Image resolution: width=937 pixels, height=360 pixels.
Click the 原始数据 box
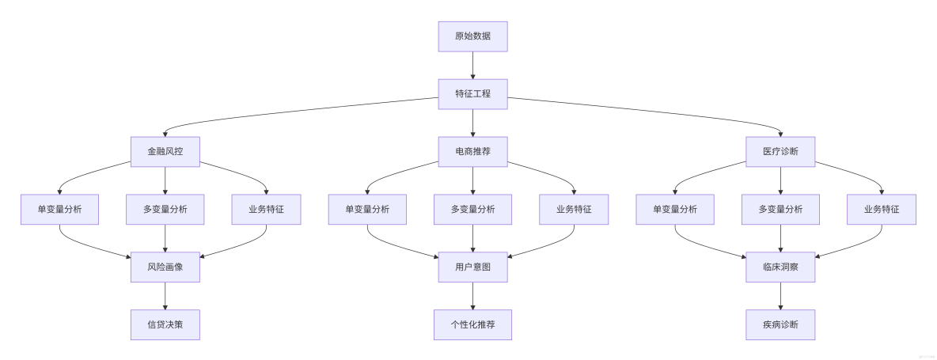coord(472,36)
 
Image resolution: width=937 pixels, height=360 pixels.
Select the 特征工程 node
coord(472,93)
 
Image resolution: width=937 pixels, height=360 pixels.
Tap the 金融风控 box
coord(165,151)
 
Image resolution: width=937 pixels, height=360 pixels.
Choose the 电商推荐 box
coord(472,151)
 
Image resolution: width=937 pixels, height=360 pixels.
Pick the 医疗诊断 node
coord(780,151)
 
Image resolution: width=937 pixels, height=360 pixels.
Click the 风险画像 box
coord(165,267)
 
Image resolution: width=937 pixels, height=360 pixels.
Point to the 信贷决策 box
coord(165,324)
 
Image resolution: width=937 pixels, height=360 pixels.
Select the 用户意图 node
coord(472,267)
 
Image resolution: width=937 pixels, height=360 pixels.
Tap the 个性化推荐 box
coord(472,324)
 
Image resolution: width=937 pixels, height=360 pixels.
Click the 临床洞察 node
coord(780,267)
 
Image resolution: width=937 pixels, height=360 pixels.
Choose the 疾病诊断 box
coord(780,324)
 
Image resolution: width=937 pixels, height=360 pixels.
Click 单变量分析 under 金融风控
coord(59,209)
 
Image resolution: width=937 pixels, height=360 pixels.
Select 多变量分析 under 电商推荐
coord(472,209)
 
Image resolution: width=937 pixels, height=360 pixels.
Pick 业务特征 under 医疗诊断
coord(882,209)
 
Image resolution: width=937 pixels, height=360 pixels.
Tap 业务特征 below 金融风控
coord(266,209)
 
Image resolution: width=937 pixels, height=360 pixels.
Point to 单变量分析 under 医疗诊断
coord(675,209)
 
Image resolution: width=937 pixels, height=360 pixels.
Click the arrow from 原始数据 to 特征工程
coord(472,65)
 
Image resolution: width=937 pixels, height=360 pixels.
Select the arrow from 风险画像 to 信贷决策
coord(165,296)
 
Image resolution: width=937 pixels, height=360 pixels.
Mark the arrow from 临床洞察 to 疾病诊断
coord(780,296)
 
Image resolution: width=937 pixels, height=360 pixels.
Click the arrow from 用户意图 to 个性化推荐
coord(472,296)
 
